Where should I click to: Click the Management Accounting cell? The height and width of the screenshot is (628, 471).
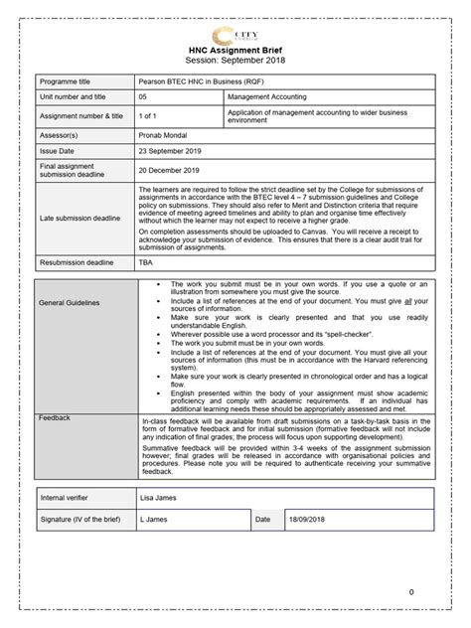pyautogui.click(x=267, y=97)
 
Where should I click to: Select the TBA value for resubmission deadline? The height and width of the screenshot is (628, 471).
pyautogui.click(x=146, y=262)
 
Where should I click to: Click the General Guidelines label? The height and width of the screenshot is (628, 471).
pyautogui.click(x=72, y=302)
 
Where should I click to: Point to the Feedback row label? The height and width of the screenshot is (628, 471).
pyautogui.click(x=55, y=418)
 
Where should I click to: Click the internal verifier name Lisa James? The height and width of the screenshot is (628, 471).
pyautogui.click(x=160, y=494)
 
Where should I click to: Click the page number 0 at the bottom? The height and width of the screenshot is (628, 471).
pyautogui.click(x=411, y=592)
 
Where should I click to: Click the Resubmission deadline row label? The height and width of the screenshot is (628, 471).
pyautogui.click(x=80, y=262)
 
